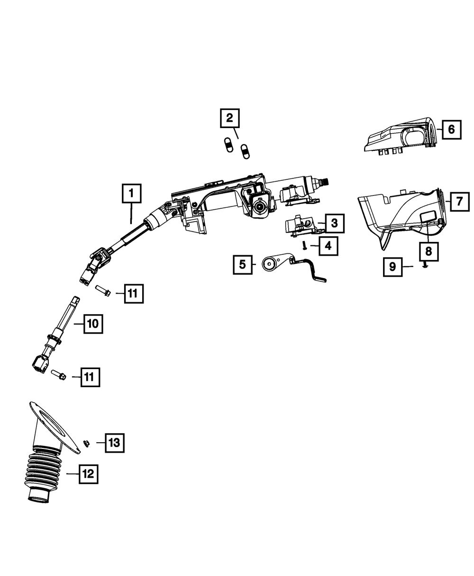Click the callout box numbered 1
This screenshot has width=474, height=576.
(x=131, y=194)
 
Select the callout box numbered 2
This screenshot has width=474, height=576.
(x=229, y=118)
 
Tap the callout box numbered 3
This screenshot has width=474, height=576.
(x=335, y=223)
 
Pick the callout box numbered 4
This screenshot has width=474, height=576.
(x=328, y=246)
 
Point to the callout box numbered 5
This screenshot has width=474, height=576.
(x=242, y=265)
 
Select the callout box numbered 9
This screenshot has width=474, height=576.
(x=392, y=267)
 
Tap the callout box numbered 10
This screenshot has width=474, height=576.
(x=93, y=324)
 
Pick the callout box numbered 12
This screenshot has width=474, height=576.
(x=89, y=474)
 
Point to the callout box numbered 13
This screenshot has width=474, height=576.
(x=114, y=443)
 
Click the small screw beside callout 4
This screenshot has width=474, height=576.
(x=303, y=245)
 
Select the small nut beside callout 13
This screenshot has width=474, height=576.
(x=87, y=443)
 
